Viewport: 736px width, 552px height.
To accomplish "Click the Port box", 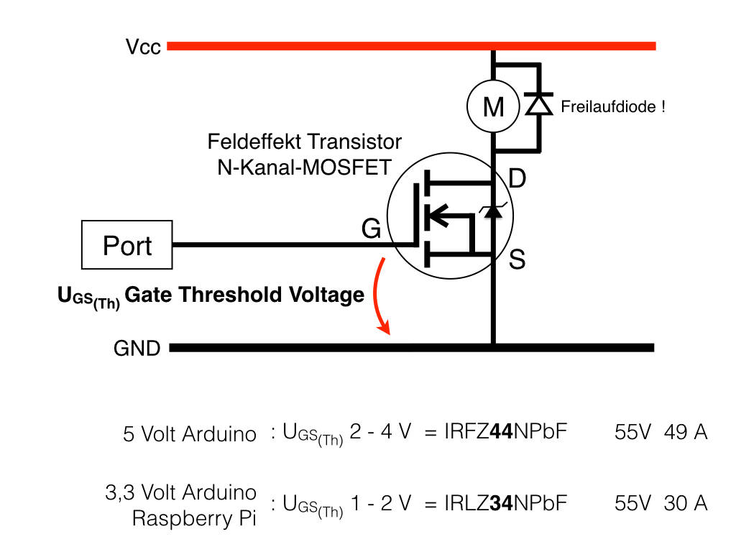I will (127, 246).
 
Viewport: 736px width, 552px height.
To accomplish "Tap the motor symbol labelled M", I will (493, 107).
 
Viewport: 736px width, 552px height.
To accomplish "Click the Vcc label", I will (143, 47).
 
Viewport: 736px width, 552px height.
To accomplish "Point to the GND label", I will (137, 349).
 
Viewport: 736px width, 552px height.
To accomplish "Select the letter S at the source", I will (517, 259).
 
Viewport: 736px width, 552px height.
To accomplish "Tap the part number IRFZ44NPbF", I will (496, 433).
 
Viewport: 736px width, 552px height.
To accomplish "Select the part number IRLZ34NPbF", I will (496, 503).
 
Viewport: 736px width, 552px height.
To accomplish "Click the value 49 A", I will (686, 433).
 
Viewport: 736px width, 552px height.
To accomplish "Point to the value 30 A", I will (686, 503).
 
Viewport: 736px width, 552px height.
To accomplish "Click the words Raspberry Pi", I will (194, 518).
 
